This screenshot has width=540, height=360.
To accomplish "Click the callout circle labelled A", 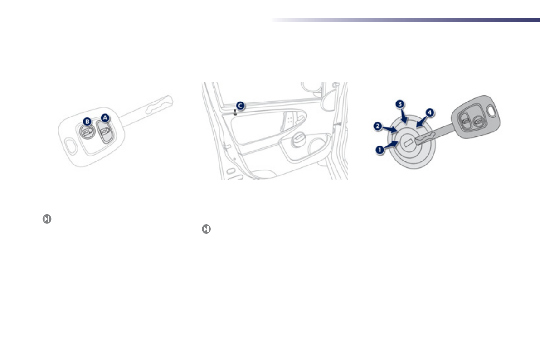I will [105, 117].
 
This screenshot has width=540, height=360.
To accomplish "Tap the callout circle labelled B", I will [88, 121].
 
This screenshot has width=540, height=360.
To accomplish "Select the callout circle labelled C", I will [240, 106].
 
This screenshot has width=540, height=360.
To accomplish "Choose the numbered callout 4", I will [429, 112].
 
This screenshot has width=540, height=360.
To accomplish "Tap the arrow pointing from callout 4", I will [420, 121].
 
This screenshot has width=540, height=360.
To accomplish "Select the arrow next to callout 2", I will [392, 129].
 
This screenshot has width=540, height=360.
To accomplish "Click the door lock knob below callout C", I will [234, 112].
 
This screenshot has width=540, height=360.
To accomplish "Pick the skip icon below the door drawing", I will [206, 229].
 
